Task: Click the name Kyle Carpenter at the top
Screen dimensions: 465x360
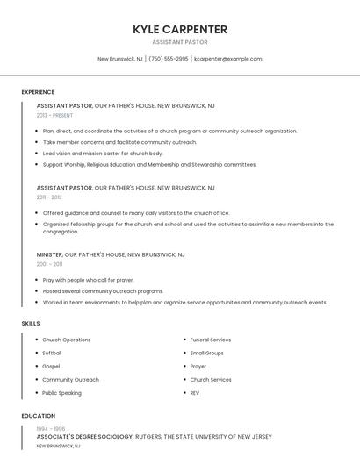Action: click(x=180, y=29)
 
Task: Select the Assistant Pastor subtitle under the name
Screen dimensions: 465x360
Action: click(x=180, y=41)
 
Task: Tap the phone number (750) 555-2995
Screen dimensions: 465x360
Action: click(x=169, y=59)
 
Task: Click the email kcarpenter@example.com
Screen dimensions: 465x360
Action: click(x=227, y=59)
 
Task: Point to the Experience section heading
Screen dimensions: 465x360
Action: click(x=38, y=92)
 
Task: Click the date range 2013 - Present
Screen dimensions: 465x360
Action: click(x=54, y=115)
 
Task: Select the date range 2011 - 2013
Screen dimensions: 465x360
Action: click(x=49, y=197)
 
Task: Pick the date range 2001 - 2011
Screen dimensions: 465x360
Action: click(x=49, y=264)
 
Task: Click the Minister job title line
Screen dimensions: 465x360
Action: click(x=111, y=254)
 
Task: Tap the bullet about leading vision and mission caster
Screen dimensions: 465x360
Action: click(x=103, y=154)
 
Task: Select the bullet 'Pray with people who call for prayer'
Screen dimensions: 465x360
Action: click(x=89, y=280)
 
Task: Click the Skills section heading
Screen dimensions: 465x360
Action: click(x=31, y=324)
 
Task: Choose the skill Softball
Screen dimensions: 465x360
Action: click(x=52, y=353)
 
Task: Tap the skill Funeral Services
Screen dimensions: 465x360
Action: click(x=211, y=340)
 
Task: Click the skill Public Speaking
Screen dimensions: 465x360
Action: click(x=61, y=393)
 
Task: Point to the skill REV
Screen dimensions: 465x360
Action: click(x=195, y=393)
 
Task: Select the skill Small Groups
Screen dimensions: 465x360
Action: click(x=207, y=353)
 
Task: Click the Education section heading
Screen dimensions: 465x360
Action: click(x=39, y=416)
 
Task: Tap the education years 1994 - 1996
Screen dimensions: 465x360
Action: click(x=51, y=428)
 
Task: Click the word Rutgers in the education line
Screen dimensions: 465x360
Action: click(x=150, y=436)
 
